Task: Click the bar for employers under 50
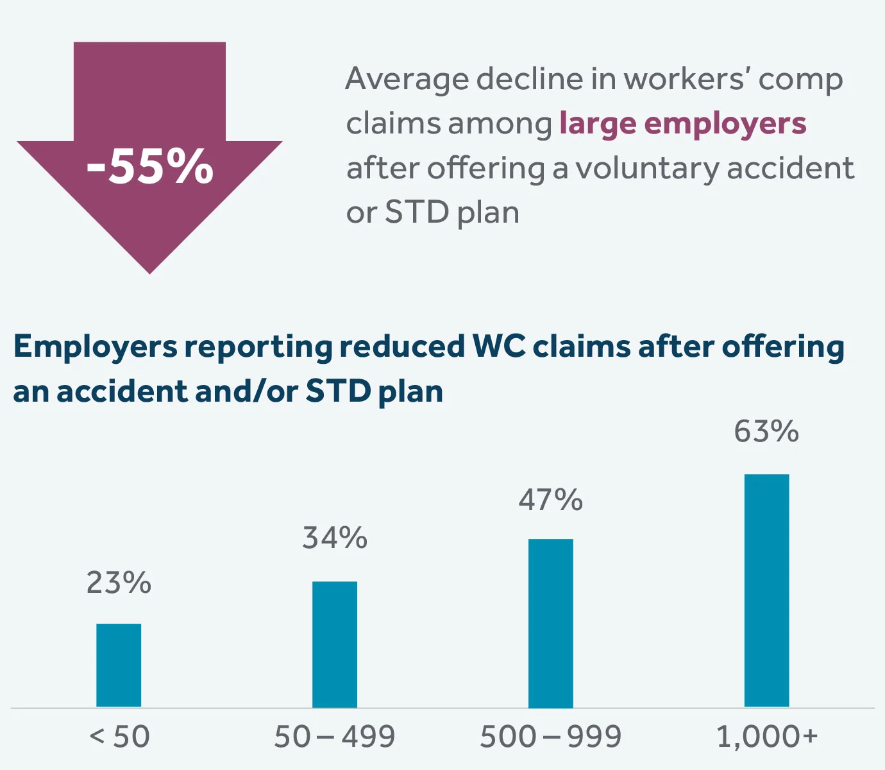pyautogui.click(x=119, y=665)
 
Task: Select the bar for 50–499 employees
pyautogui.click(x=335, y=644)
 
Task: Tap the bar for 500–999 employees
pyautogui.click(x=551, y=623)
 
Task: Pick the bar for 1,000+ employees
pyautogui.click(x=766, y=590)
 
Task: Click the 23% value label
pyautogui.click(x=119, y=583)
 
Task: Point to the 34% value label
pyautogui.click(x=335, y=538)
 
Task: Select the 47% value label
pyautogui.click(x=551, y=500)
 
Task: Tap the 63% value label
pyautogui.click(x=766, y=431)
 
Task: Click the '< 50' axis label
pyautogui.click(x=119, y=737)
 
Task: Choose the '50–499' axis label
pyautogui.click(x=335, y=737)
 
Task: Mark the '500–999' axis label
pyautogui.click(x=551, y=737)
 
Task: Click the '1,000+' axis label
pyautogui.click(x=767, y=737)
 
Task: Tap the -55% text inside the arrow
pyautogui.click(x=150, y=167)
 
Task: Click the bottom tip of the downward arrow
pyautogui.click(x=150, y=269)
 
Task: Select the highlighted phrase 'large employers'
pyautogui.click(x=682, y=123)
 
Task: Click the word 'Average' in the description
pyautogui.click(x=407, y=80)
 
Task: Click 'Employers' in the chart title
pyautogui.click(x=95, y=347)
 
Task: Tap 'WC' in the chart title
pyautogui.click(x=498, y=347)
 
